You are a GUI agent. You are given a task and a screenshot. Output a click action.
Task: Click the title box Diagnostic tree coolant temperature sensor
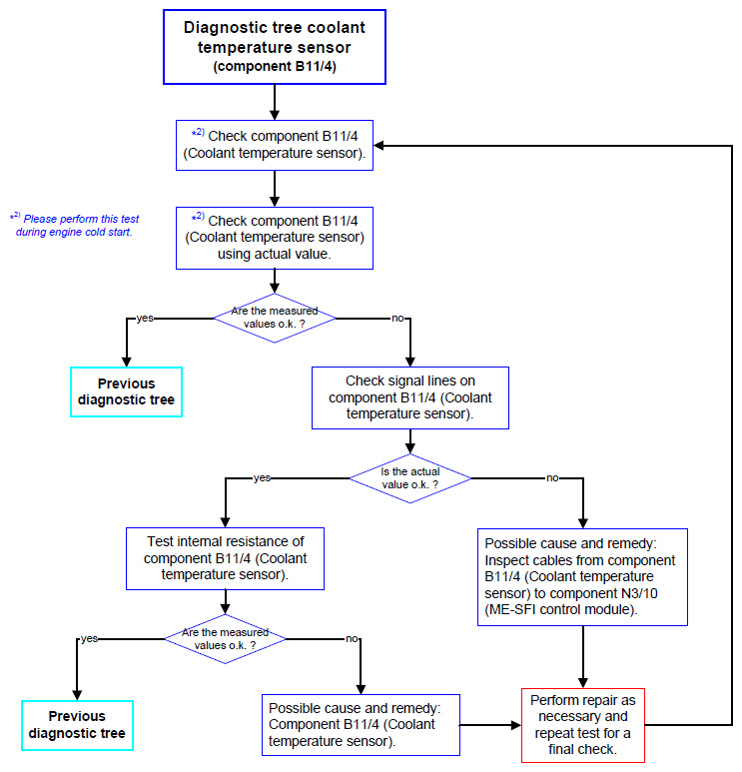(275, 47)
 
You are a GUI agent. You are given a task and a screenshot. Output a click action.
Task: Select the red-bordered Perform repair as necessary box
(583, 725)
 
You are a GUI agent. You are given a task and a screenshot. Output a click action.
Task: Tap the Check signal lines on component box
(410, 397)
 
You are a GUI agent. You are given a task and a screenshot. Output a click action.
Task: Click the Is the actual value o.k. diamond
(410, 478)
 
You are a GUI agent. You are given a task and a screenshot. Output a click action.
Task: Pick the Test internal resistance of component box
(225, 559)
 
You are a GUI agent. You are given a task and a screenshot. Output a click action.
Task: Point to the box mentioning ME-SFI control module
(582, 577)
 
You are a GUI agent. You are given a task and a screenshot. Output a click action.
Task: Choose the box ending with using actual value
(275, 238)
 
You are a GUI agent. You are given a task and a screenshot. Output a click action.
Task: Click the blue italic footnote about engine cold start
(75, 225)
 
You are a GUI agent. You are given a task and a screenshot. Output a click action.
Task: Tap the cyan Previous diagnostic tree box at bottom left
(77, 725)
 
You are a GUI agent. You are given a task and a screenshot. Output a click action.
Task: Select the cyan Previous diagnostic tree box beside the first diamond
(127, 391)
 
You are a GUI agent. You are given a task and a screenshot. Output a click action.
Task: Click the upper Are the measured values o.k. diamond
(275, 318)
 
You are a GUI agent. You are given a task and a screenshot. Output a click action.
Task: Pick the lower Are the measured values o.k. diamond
(225, 639)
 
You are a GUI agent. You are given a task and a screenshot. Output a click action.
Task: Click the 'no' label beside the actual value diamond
(552, 477)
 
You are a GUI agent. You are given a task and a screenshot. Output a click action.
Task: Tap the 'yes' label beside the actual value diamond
(262, 477)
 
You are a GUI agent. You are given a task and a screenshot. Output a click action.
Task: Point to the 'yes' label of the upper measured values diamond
(145, 318)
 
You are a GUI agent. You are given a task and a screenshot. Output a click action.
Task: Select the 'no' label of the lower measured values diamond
(352, 638)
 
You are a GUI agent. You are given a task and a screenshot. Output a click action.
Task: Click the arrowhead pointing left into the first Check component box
(378, 145)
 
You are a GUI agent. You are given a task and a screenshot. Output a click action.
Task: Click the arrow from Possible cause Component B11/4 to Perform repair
(490, 725)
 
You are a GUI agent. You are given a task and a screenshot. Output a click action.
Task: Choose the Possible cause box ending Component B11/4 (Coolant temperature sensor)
(361, 725)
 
